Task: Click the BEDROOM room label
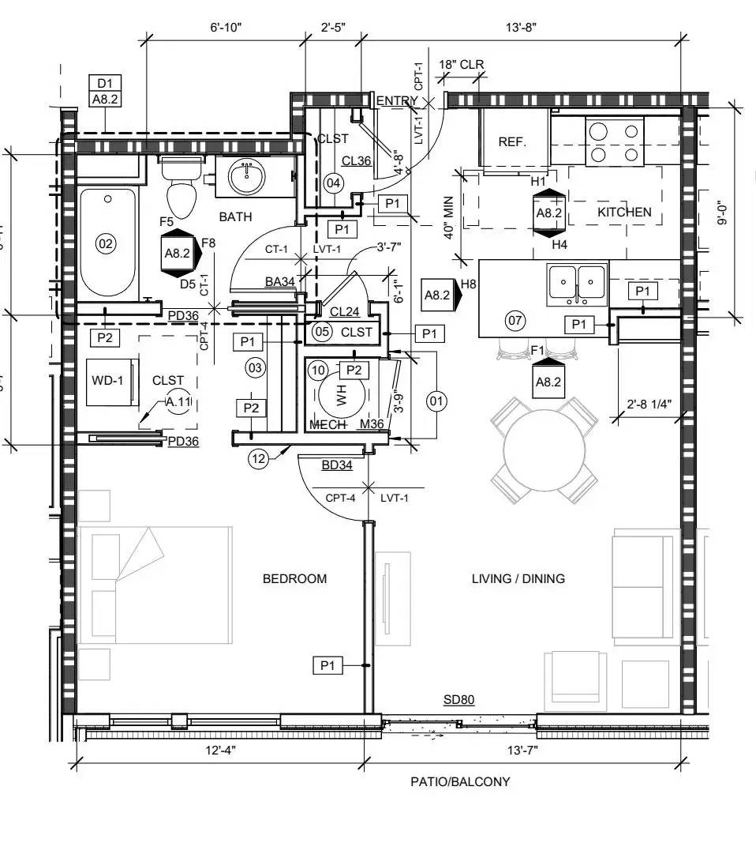pyautogui.click(x=294, y=578)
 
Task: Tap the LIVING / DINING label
pyautogui.click(x=518, y=578)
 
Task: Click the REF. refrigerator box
pyautogui.click(x=512, y=141)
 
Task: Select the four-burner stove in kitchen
pyautogui.click(x=615, y=141)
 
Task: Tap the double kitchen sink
pyautogui.click(x=577, y=283)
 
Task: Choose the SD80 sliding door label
pyautogui.click(x=458, y=700)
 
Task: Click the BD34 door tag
pyautogui.click(x=337, y=465)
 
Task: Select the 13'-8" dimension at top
pyautogui.click(x=521, y=28)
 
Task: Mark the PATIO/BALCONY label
pyautogui.click(x=460, y=781)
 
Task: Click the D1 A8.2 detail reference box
pyautogui.click(x=105, y=92)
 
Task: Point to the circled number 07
pyautogui.click(x=515, y=321)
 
